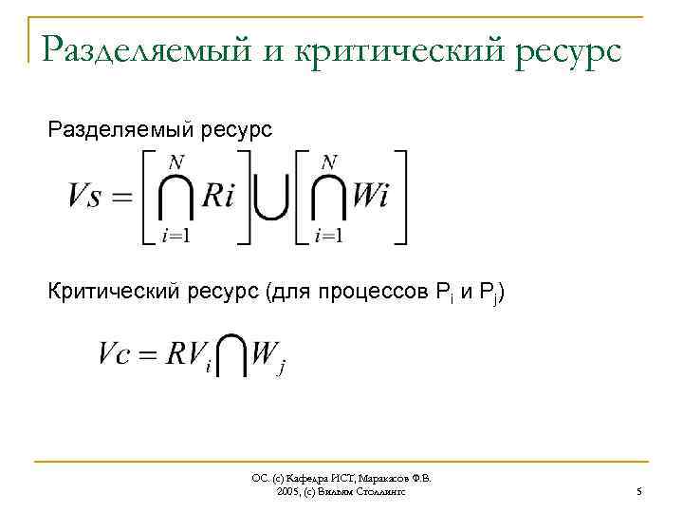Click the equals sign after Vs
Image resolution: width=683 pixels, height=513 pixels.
pos(124,198)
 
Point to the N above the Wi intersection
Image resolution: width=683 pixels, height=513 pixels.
pos(328,162)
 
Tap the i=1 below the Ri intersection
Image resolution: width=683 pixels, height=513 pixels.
pos(175,236)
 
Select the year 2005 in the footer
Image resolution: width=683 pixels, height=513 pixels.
pos(287,492)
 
